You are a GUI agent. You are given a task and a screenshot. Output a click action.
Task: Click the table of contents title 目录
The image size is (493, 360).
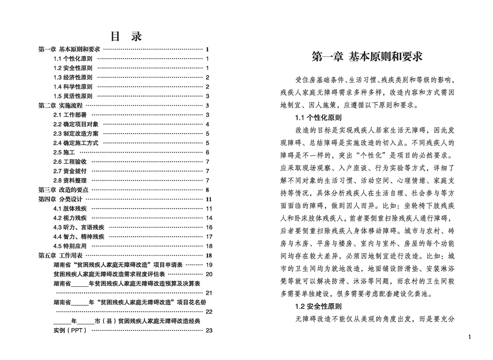pyautogui.click(x=126, y=36)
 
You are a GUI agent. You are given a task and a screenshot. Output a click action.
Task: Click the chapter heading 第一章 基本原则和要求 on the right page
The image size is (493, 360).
pyautogui.click(x=367, y=56)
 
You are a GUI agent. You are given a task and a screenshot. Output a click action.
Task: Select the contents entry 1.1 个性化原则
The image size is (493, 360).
pyautogui.click(x=73, y=59)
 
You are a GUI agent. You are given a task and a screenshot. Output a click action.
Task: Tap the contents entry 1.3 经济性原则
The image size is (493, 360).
pyautogui.click(x=73, y=77)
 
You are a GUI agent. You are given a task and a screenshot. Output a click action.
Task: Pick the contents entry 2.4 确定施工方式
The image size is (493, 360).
pyautogui.click(x=76, y=143)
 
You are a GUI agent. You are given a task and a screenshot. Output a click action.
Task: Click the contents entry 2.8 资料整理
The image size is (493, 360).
pyautogui.click(x=70, y=180)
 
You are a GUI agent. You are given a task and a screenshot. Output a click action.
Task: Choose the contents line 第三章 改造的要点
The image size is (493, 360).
pyautogui.click(x=63, y=190)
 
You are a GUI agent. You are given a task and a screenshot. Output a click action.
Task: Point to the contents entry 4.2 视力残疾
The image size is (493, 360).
pyautogui.click(x=70, y=218)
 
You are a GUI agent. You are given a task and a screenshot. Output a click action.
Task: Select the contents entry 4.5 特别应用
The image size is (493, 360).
pyautogui.click(x=70, y=246)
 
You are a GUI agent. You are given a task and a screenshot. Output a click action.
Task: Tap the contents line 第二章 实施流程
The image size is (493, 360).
pyautogui.click(x=61, y=105)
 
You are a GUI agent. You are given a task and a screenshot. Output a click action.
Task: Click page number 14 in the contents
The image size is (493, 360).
pyautogui.click(x=209, y=218)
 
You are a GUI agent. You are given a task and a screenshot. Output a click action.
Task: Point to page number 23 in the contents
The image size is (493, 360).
pyautogui.click(x=209, y=330)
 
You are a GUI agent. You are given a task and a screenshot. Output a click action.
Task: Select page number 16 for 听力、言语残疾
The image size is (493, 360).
pyautogui.click(x=209, y=227)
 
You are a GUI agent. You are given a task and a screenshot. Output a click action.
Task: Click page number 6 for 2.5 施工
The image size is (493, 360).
pyautogui.click(x=207, y=152)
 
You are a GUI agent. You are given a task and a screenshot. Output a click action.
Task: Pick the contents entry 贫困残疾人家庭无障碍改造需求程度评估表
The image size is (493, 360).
pyautogui.click(x=109, y=274)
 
